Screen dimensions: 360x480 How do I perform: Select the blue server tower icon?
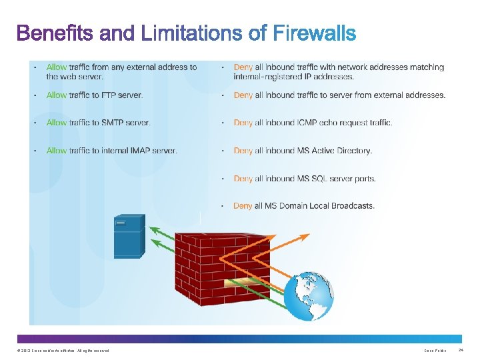[x=129, y=236]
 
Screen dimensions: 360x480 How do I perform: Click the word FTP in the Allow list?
[x=90, y=95]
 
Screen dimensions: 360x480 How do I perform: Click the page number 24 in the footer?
[x=459, y=351]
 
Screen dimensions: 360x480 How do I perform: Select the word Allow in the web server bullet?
[x=56, y=67]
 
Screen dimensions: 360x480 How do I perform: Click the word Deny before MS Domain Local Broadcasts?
[x=243, y=206]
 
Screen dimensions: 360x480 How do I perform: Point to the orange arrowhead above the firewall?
[x=305, y=235]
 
